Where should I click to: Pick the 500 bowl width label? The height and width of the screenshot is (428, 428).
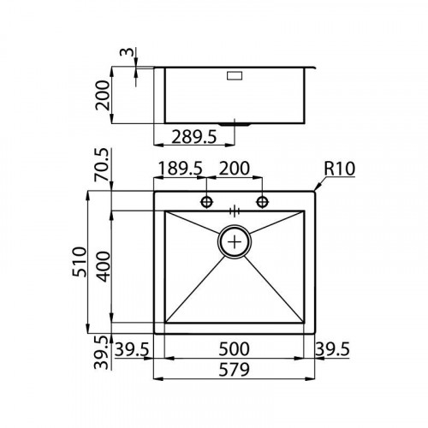[233, 349]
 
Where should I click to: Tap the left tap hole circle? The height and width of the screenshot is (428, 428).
[206, 203]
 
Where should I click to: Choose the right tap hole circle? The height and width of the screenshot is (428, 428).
[261, 203]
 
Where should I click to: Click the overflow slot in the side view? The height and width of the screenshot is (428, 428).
[235, 77]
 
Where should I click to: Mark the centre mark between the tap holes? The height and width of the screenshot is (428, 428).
[234, 208]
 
